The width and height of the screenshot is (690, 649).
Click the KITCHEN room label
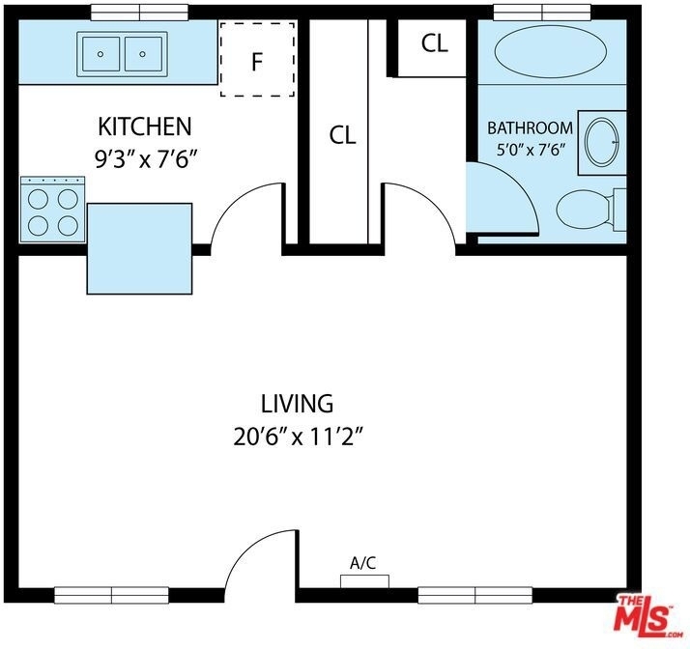pyautogui.click(x=145, y=127)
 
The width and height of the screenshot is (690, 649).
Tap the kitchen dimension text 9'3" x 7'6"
pyautogui.click(x=145, y=159)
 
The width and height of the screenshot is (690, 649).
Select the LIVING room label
pyautogui.click(x=297, y=404)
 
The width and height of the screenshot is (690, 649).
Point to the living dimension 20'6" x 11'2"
pyautogui.click(x=299, y=437)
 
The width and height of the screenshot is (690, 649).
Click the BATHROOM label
pyautogui.click(x=531, y=127)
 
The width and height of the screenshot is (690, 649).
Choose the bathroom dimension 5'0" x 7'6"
pyautogui.click(x=531, y=151)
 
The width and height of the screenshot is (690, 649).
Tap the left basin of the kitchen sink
pyautogui.click(x=101, y=54)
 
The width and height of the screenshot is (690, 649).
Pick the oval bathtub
pyautogui.click(x=551, y=52)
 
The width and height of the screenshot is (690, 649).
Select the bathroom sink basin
pyautogui.click(x=601, y=142)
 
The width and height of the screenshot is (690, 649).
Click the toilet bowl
pyautogui.click(x=583, y=210)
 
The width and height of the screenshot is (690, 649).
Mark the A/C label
pyautogui.click(x=363, y=563)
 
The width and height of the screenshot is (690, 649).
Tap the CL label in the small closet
pyautogui.click(x=434, y=43)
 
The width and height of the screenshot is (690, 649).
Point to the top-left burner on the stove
pyautogui.click(x=39, y=199)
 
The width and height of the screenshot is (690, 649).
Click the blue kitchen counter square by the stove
pyautogui.click(x=139, y=248)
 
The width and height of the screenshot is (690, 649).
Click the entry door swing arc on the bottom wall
pyautogui.click(x=249, y=547)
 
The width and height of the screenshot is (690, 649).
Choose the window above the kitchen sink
pyautogui.click(x=140, y=12)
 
